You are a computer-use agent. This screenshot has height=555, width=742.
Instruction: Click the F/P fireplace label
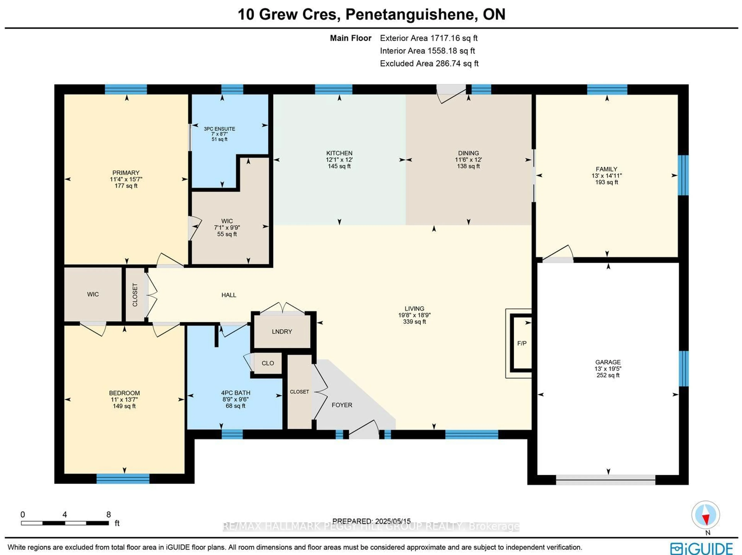pyautogui.click(x=522, y=343)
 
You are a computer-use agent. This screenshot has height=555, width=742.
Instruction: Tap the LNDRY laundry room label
pyautogui.click(x=282, y=331)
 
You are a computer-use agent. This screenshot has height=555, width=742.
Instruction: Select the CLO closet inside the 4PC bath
pyautogui.click(x=268, y=363)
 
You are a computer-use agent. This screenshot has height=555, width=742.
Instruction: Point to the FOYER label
pyautogui.click(x=342, y=405)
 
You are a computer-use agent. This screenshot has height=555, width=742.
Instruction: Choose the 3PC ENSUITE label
pyautogui.click(x=219, y=129)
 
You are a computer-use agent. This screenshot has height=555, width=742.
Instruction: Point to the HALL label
pyautogui.click(x=229, y=295)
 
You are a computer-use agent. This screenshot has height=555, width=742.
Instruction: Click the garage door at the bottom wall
pyautogui.click(x=605, y=480)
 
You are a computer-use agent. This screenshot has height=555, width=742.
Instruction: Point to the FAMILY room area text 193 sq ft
pyautogui.click(x=607, y=182)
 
